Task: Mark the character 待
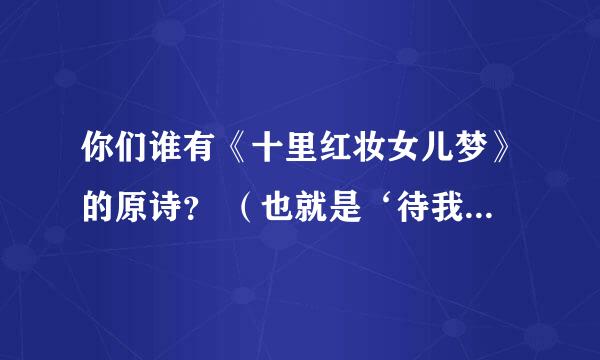(x=409, y=206)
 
